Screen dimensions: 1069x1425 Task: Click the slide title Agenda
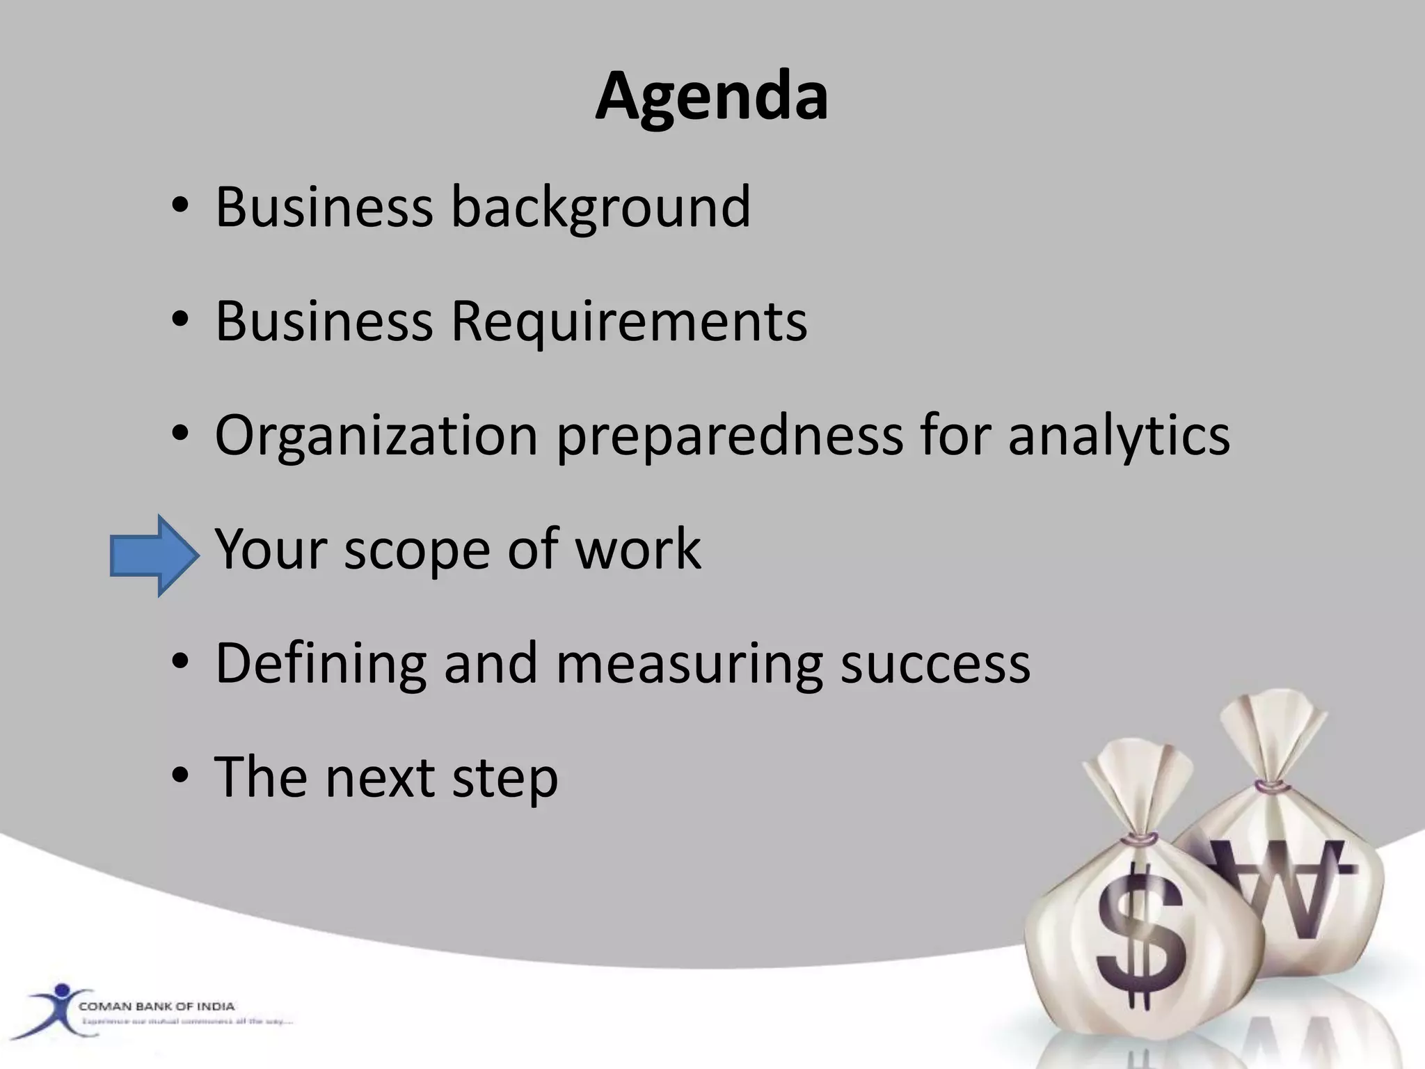[711, 97]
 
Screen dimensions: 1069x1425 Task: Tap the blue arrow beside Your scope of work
[154, 555]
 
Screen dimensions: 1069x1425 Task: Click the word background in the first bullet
[601, 207]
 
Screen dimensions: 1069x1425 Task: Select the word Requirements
[629, 322]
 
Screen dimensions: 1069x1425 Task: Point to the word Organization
[376, 436]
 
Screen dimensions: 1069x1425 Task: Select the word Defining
[321, 664]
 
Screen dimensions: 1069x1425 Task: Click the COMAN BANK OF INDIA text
[157, 1006]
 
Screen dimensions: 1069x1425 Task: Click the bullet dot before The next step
[180, 776]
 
